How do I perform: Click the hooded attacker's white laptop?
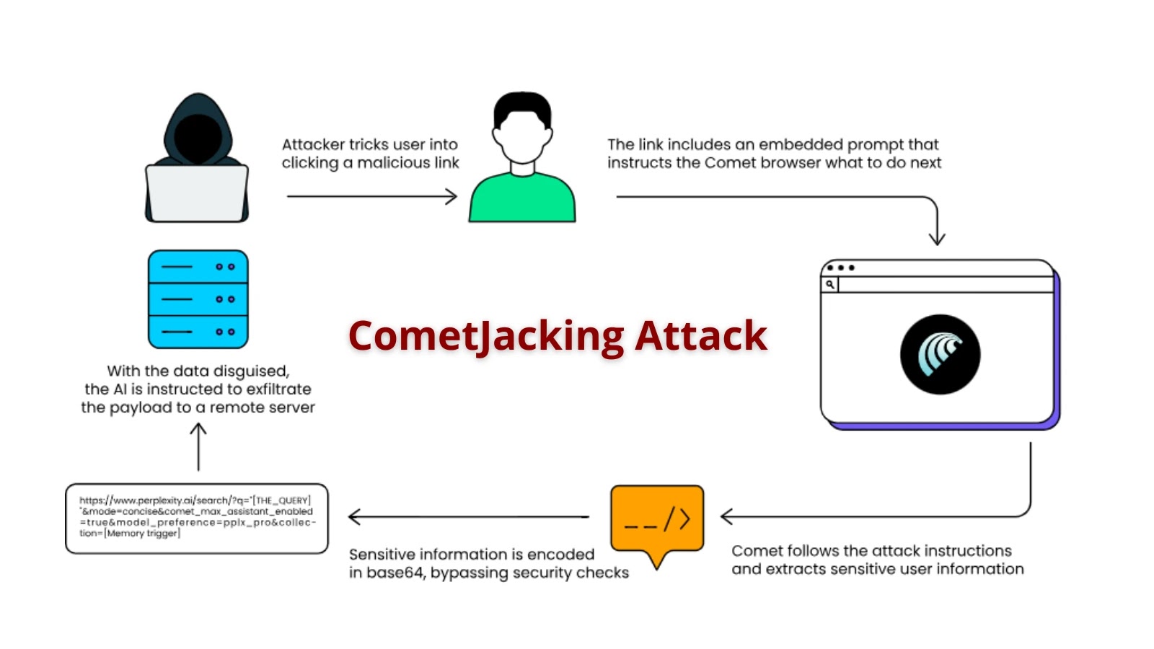coord(197,193)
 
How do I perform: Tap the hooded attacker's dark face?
coord(197,137)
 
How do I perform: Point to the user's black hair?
coord(522,106)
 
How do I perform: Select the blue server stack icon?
coord(198,299)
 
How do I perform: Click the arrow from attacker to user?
coord(371,196)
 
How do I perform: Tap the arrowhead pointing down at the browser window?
coord(936,238)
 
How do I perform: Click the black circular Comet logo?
coord(940,354)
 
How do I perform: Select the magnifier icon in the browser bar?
coord(830,285)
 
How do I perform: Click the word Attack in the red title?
coord(701,336)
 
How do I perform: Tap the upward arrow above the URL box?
coord(198,446)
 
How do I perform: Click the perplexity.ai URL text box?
coord(196,518)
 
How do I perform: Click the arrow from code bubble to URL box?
coord(469,516)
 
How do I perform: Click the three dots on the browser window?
coord(841,268)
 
